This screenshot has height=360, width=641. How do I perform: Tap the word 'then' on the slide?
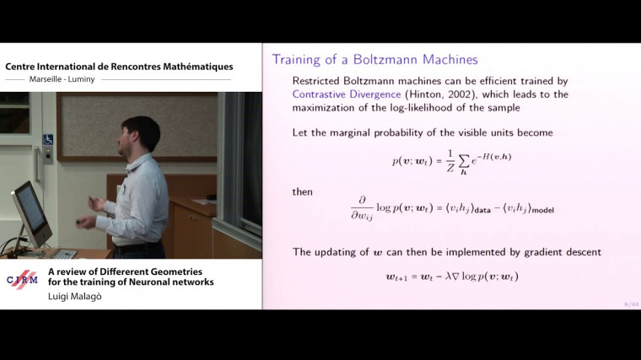click(303, 191)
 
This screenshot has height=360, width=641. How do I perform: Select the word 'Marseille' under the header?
click(46, 80)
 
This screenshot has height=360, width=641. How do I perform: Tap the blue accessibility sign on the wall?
click(48, 139)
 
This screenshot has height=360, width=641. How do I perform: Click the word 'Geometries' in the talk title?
click(169, 271)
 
